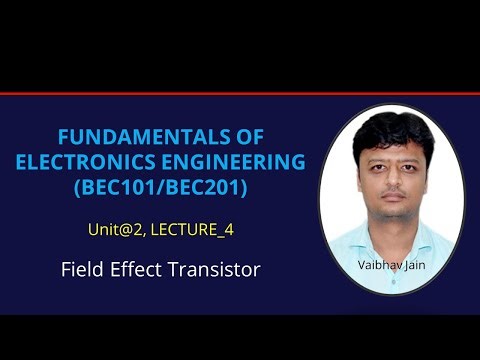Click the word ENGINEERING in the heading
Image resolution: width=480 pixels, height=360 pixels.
click(x=236, y=162)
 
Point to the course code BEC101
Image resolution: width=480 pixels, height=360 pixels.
click(x=131, y=186)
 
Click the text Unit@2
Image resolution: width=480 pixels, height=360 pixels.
click(x=116, y=231)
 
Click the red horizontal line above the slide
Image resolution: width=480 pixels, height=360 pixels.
click(x=240, y=94)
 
